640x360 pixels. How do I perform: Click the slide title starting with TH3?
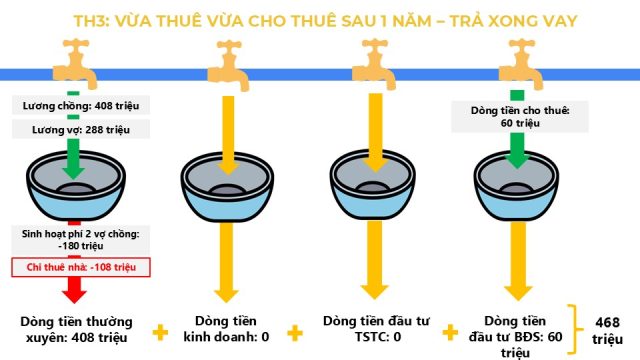(325, 21)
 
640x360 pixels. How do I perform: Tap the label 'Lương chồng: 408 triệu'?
(81, 106)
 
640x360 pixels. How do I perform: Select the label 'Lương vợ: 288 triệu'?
(81, 130)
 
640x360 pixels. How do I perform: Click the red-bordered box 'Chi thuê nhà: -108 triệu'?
(81, 267)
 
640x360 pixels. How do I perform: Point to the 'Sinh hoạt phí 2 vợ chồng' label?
(80, 240)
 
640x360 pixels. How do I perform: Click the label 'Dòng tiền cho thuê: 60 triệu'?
(520, 117)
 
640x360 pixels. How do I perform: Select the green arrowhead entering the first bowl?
(73, 172)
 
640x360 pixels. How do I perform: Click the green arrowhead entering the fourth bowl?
(517, 162)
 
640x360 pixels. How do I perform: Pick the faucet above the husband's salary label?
(76, 63)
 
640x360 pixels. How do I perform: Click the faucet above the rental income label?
(521, 64)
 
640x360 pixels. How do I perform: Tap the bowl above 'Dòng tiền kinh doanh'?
(227, 187)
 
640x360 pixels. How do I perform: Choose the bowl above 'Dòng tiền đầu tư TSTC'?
(372, 186)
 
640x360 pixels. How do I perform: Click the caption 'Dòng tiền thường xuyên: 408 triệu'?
(76, 330)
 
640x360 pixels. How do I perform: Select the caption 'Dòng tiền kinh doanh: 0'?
(226, 329)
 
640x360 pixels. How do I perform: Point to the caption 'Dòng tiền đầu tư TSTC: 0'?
(376, 329)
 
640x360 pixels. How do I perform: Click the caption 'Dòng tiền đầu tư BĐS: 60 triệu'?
(516, 337)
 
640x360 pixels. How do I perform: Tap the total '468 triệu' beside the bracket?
(607, 331)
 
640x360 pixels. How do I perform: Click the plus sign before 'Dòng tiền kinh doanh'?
(160, 333)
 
